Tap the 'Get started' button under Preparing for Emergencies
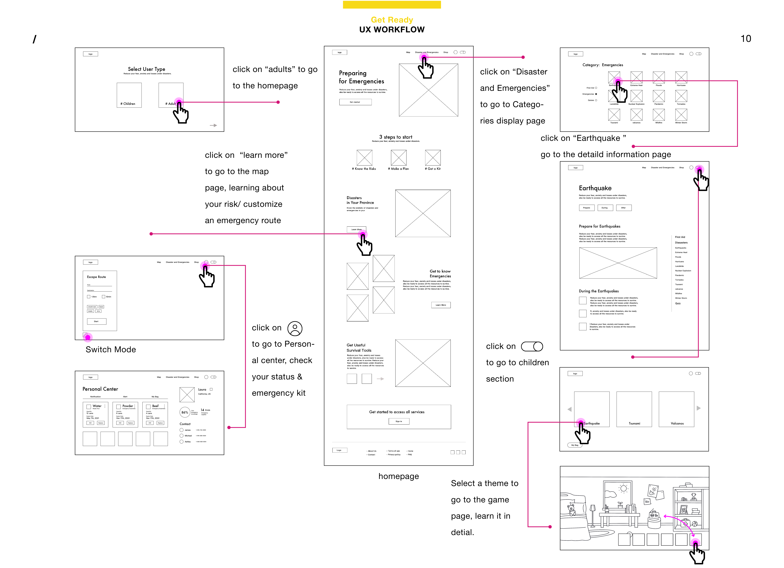point(355,102)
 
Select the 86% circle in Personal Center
point(185,412)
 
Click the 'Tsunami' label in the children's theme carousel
point(634,423)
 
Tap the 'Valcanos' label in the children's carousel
point(677,423)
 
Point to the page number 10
point(746,39)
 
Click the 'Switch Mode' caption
point(111,350)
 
